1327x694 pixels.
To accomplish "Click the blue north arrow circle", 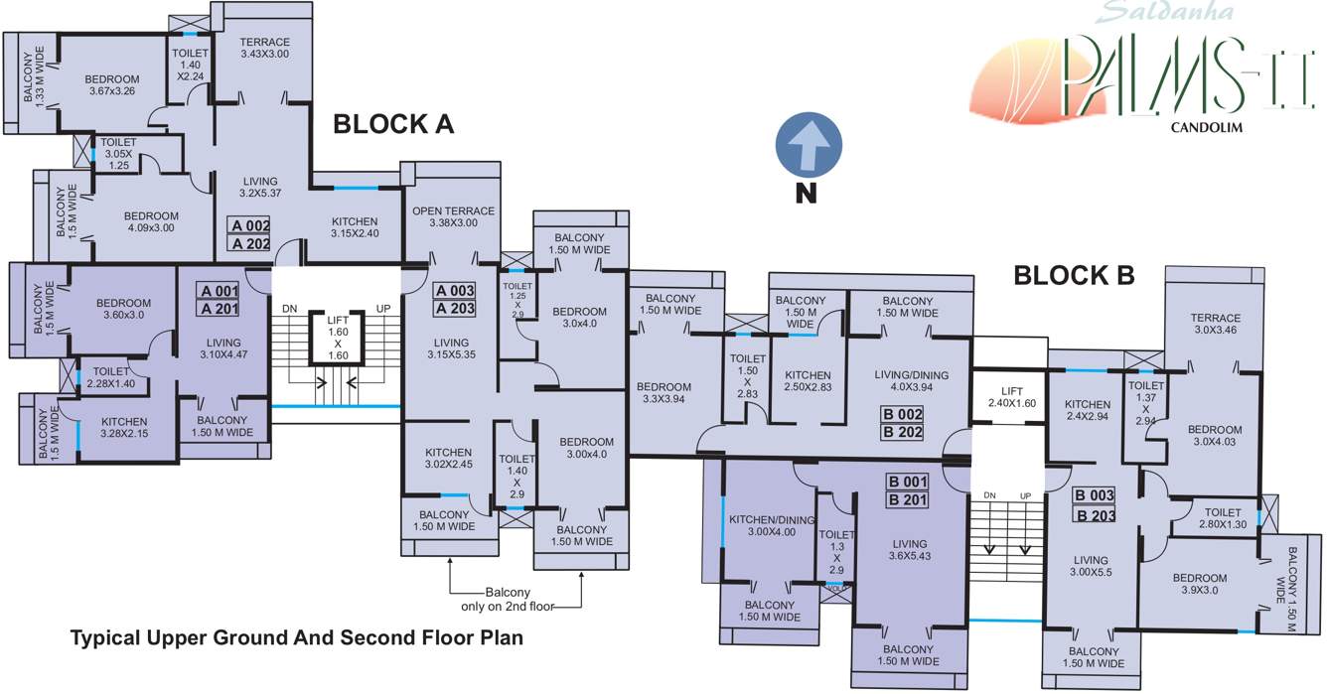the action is tap(809, 145).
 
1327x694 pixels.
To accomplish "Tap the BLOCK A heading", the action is tap(393, 124).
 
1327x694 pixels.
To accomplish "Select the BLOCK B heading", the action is tap(1074, 275).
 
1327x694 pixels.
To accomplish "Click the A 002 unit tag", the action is tap(249, 225).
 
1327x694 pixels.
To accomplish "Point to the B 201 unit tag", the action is tap(907, 499).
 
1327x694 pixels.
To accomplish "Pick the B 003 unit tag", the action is tap(1095, 495).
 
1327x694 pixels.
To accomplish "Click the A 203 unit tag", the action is tap(454, 309).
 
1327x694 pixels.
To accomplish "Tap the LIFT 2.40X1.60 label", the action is tap(1012, 397).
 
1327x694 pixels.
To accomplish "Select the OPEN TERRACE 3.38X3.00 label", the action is tap(453, 216).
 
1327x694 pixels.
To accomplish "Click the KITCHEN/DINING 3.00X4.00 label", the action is tap(772, 526).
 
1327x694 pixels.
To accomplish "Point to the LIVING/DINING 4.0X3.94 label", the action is tap(911, 380).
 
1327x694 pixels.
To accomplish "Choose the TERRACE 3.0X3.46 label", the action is tap(1215, 324).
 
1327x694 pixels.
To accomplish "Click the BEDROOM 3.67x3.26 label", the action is tap(112, 85).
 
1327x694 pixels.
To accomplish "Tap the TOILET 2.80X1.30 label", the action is tap(1223, 518).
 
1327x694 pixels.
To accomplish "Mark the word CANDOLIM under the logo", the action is tap(1206, 127).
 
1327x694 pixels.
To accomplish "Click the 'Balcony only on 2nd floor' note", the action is tap(508, 600).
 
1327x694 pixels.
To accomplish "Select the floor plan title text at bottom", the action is tap(297, 637).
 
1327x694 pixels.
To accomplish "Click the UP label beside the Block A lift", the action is tap(383, 309).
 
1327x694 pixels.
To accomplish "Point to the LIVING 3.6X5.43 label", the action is tap(910, 549).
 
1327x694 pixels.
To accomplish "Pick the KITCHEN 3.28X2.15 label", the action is tap(124, 428).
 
